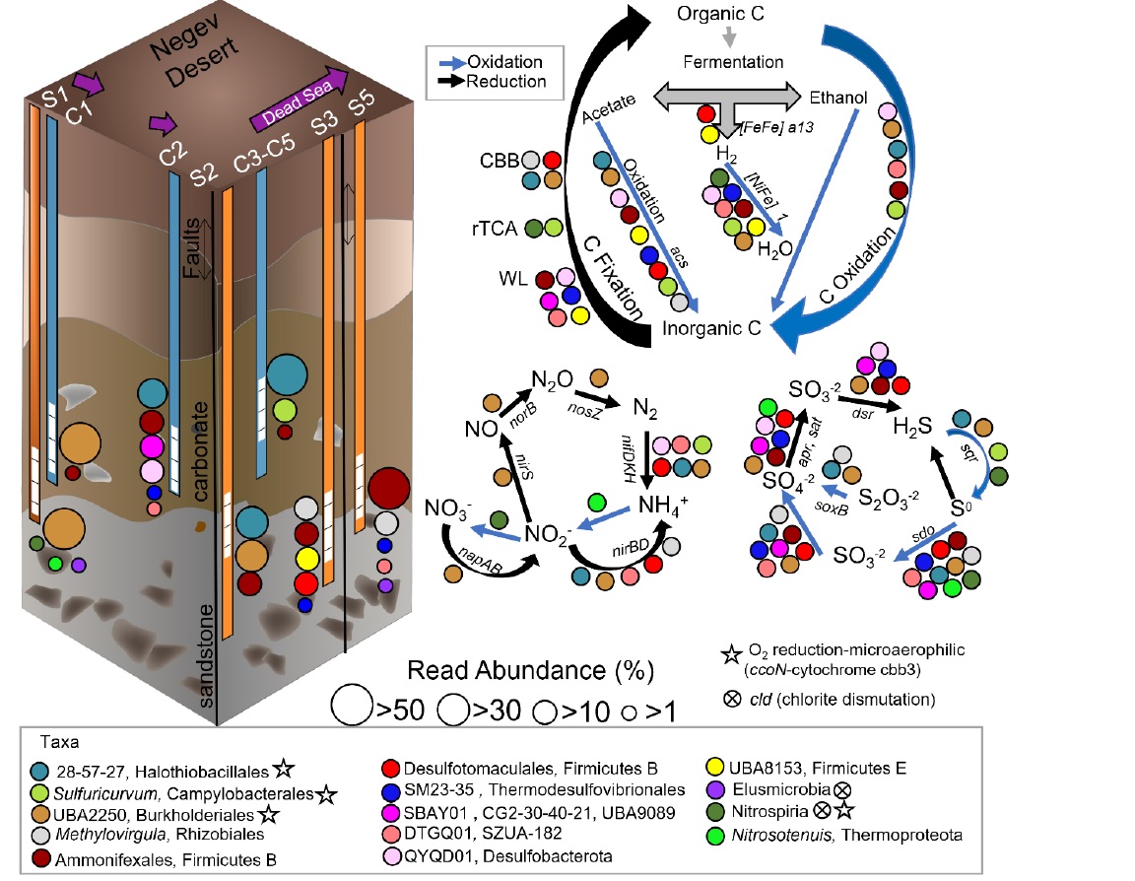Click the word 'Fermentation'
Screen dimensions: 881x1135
[x=728, y=63]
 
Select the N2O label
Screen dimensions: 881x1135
[x=554, y=380]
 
